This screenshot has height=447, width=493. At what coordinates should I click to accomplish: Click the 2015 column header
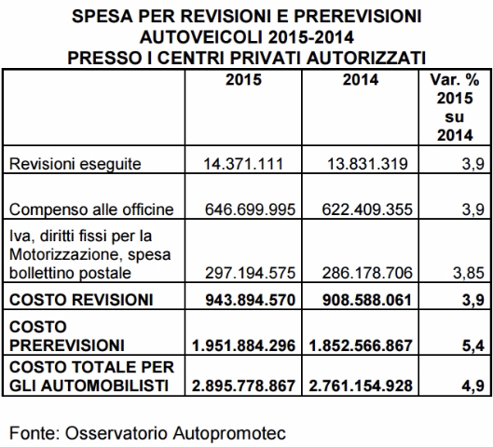coord(244,80)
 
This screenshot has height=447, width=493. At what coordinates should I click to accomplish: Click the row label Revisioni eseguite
coord(75,164)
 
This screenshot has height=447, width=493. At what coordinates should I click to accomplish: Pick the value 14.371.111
coord(244,164)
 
